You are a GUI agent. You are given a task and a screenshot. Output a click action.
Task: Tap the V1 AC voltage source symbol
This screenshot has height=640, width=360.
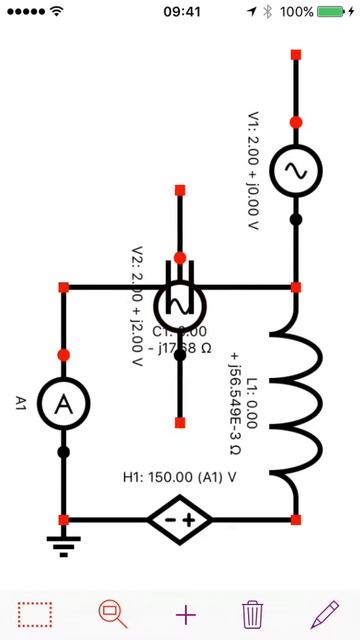(296, 171)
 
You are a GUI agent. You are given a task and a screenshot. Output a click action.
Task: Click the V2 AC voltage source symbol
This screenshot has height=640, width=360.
(180, 304)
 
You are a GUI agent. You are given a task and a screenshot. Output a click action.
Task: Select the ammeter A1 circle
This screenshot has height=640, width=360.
(64, 403)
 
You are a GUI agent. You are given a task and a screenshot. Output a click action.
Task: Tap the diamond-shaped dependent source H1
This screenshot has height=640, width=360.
(180, 520)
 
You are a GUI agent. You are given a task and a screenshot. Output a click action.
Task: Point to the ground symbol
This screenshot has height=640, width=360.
(64, 544)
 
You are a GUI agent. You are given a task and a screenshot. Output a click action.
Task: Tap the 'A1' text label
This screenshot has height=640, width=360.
(21, 403)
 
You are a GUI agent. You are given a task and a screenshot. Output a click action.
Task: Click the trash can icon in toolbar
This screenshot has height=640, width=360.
(253, 613)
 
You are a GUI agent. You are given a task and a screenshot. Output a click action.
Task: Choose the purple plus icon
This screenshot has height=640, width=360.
(186, 613)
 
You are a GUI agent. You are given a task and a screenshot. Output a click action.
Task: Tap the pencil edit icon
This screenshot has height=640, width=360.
(325, 613)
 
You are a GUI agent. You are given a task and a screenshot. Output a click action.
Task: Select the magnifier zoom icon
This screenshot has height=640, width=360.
(112, 613)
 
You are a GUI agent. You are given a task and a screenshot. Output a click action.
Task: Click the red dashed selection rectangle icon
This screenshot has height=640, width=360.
(35, 613)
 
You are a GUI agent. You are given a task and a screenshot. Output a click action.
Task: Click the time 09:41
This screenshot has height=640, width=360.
(180, 12)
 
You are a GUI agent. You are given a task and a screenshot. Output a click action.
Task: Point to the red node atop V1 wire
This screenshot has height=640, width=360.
(296, 54)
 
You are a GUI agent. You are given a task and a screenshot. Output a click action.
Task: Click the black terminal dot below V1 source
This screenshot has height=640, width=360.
(296, 219)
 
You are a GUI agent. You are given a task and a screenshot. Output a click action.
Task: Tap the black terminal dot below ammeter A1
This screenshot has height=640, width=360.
(64, 452)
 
